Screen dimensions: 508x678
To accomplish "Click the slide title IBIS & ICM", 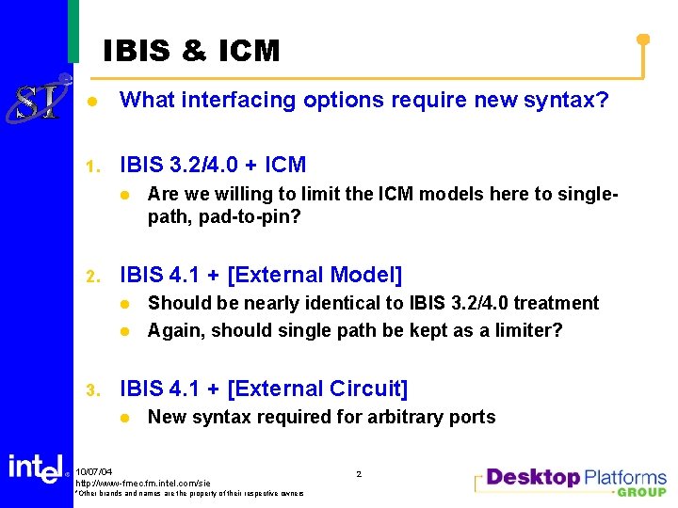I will click(191, 51).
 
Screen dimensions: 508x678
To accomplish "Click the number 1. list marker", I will click(92, 167).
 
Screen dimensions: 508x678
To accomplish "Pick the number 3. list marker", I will click(92, 390).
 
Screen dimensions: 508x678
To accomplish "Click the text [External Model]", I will click(315, 276).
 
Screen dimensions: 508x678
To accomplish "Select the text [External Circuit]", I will click(318, 389).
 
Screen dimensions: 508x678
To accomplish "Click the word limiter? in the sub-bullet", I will click(527, 330).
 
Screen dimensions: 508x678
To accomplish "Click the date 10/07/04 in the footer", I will click(94, 471).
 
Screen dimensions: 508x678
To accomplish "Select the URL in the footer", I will click(142, 483).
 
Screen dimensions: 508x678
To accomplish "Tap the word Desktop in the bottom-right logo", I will click(533, 477).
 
